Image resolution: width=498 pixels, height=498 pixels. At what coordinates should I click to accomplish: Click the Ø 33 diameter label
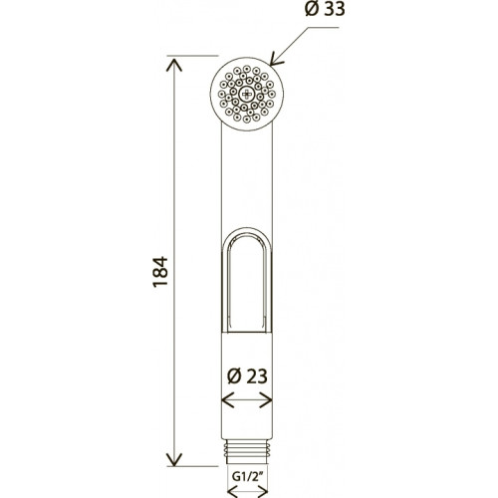click(x=325, y=9)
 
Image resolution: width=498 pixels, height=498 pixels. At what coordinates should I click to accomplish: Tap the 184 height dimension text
click(x=160, y=271)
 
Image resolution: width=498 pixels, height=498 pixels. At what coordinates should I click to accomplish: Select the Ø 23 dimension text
click(x=247, y=376)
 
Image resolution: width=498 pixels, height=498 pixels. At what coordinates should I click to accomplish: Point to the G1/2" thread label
click(x=247, y=477)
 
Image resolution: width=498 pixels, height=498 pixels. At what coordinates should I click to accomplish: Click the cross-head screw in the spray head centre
click(x=247, y=94)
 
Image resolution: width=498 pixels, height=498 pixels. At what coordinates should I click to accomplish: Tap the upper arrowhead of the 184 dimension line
click(x=174, y=65)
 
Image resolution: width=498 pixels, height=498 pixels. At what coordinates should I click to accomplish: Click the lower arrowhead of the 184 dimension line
click(x=174, y=459)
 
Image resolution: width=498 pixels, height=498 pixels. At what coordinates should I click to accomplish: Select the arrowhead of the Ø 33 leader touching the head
click(x=276, y=59)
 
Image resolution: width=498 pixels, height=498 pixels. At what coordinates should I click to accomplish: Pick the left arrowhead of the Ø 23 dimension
click(x=228, y=399)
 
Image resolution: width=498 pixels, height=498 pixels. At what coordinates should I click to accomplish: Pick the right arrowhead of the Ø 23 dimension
click(x=266, y=399)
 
